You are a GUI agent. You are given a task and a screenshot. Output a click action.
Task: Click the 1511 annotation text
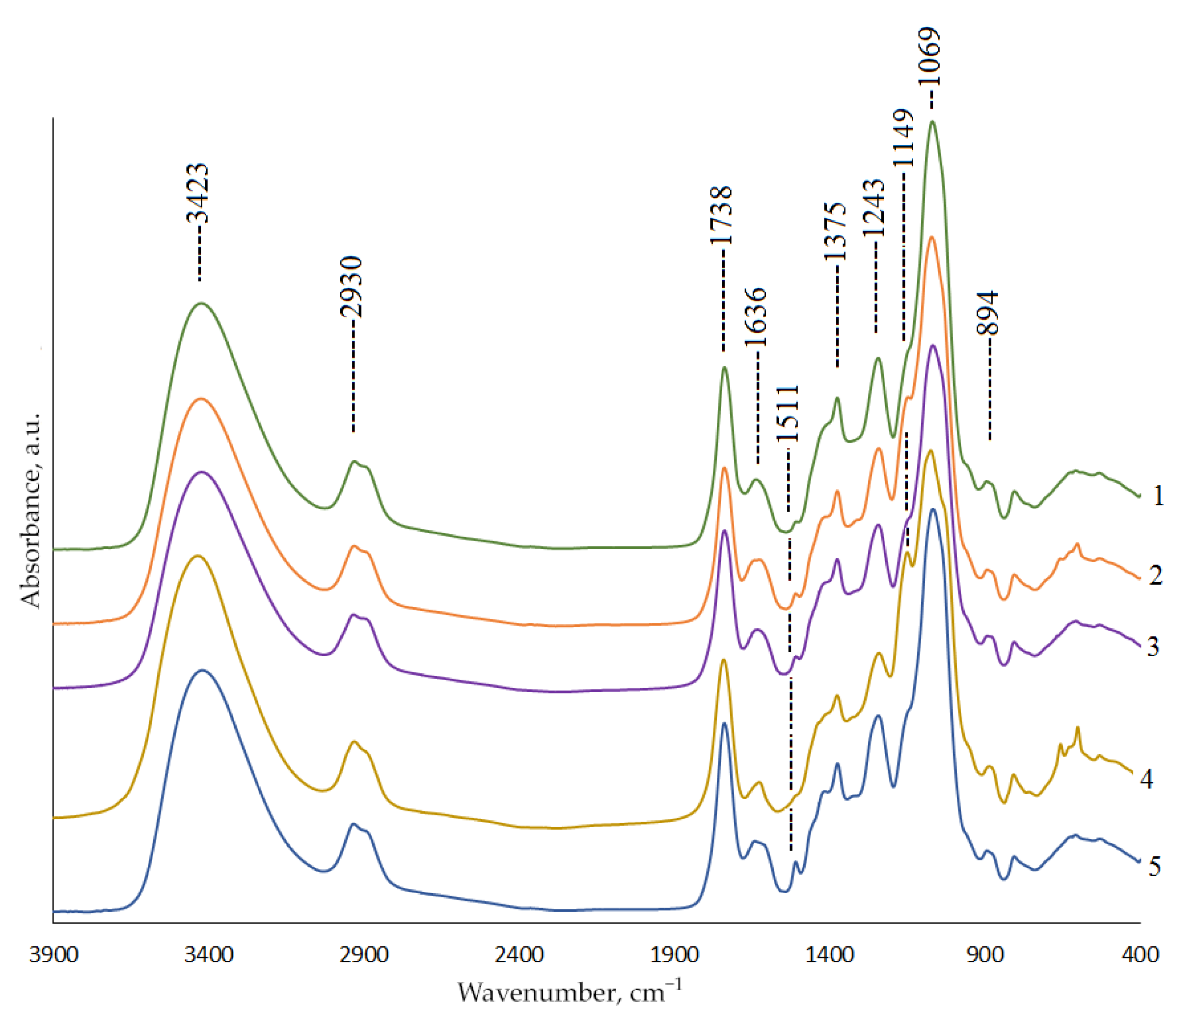(x=787, y=413)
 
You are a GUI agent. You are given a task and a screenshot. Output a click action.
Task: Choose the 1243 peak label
(x=873, y=207)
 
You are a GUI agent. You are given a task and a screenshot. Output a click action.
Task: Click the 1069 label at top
(x=929, y=56)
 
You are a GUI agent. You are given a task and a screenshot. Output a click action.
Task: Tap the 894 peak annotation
(x=988, y=313)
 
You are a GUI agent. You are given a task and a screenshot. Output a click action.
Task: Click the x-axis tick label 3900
(x=53, y=954)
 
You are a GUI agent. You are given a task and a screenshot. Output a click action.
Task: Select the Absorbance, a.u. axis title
(x=31, y=509)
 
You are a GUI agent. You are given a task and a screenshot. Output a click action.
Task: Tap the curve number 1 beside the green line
(x=1158, y=496)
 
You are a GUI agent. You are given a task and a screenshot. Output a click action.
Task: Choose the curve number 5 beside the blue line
(x=1154, y=866)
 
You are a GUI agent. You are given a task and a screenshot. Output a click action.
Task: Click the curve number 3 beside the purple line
(x=1153, y=647)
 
